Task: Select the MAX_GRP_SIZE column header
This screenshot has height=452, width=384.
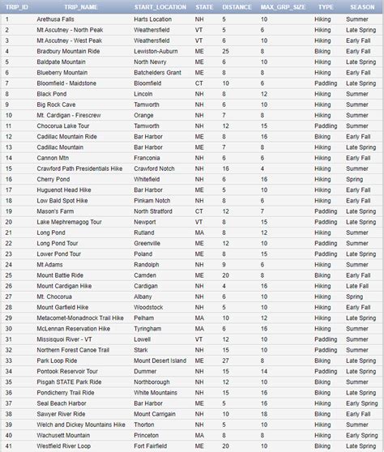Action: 283,6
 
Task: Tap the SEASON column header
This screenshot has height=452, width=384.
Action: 362,6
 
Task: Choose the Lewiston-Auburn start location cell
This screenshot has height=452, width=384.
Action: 156,50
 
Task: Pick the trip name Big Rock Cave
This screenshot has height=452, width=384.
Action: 56,104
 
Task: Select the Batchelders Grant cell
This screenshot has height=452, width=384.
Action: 158,72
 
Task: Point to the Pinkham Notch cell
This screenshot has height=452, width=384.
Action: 152,199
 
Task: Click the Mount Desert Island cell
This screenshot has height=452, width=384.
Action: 160,360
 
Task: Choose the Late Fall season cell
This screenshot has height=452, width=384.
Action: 357,285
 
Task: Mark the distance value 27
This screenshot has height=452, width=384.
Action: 225,360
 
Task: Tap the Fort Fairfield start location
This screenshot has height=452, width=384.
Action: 151,446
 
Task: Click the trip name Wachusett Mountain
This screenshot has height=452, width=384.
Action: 64,435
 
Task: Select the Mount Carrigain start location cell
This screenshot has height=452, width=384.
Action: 155,413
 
